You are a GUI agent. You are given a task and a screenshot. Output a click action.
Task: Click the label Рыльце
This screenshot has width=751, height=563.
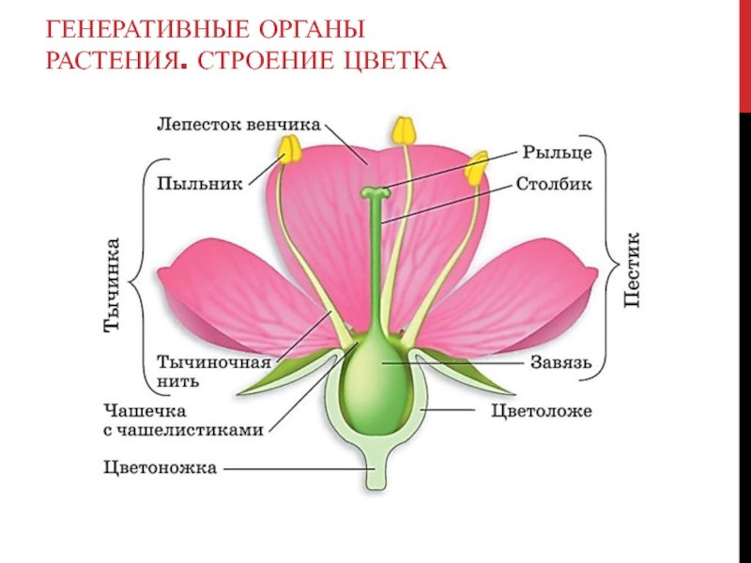coord(557,153)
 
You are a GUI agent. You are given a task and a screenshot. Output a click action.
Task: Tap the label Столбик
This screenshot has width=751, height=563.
coord(554,184)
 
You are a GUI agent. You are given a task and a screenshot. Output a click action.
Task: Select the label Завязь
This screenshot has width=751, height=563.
coord(560,363)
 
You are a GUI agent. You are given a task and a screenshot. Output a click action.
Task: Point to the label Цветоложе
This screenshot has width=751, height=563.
coord(542,411)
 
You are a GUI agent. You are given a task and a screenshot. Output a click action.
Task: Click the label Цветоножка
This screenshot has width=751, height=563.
coord(160,467)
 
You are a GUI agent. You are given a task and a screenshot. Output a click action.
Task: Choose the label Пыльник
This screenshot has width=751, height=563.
coord(200,184)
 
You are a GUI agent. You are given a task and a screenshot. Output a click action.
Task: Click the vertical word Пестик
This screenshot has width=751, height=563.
coord(632,270)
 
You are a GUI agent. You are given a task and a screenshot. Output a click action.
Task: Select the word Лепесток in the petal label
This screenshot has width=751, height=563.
coord(199,125)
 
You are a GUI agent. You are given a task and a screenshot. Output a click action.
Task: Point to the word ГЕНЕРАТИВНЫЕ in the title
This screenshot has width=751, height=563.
coord(146,30)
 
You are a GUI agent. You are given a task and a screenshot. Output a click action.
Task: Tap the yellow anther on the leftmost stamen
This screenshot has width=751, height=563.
coord(290,148)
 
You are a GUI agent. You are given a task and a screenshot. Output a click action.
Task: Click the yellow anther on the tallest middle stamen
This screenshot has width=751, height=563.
coord(404,130)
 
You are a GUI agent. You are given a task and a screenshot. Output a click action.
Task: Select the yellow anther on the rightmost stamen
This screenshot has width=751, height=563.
coord(476,169)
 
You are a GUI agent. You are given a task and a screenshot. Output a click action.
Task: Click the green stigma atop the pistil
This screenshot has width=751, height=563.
coord(375,193)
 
